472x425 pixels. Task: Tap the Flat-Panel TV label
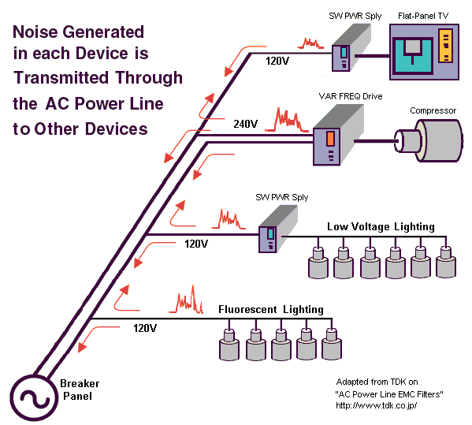tap(423, 16)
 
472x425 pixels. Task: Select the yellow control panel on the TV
tap(445, 46)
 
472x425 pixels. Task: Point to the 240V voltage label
tap(246, 124)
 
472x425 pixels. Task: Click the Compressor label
tap(433, 110)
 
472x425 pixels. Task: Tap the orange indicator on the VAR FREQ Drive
tap(330, 138)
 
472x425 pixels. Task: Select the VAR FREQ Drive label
tap(351, 96)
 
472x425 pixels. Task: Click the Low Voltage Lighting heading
tap(381, 226)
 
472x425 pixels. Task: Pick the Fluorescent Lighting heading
tap(271, 309)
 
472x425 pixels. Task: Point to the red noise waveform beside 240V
tap(287, 120)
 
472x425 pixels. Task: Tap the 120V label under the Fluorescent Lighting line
tap(145, 328)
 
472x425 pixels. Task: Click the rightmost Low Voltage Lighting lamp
tap(446, 262)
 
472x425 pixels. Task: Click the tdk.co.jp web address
tap(377, 405)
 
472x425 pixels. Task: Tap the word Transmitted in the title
tap(61, 77)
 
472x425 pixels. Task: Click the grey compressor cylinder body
tap(439, 140)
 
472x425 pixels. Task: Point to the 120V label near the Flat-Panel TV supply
tap(277, 62)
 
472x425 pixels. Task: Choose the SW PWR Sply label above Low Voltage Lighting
tap(282, 197)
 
